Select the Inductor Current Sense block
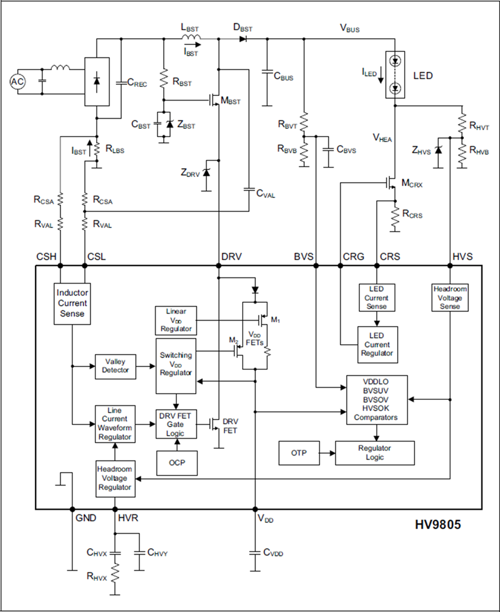point(72,303)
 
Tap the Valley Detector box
point(116,366)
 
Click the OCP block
point(176,463)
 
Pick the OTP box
point(298,452)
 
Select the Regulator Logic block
point(375,452)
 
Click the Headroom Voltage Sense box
point(450,297)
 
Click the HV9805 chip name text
point(437,524)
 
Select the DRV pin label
point(231,257)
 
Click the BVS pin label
point(304,257)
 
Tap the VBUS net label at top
point(350,29)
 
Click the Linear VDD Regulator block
point(175,320)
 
